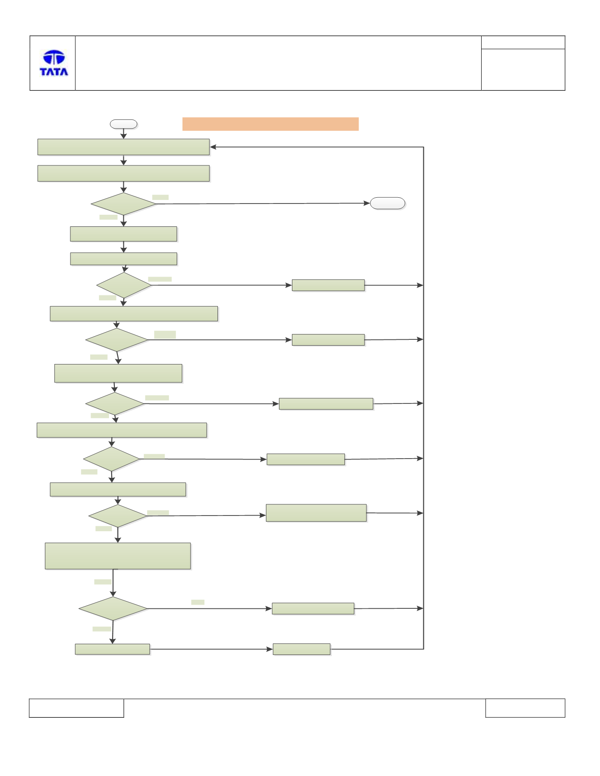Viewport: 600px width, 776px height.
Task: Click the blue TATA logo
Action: coord(54,63)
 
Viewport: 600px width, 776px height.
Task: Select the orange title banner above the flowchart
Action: coord(270,124)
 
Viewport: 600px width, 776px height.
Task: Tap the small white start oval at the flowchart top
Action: coord(124,124)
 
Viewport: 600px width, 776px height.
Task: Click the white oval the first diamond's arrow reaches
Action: coord(388,203)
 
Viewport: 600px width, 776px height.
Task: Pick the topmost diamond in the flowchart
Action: coord(123,204)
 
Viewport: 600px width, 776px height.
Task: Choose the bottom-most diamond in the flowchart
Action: coord(113,608)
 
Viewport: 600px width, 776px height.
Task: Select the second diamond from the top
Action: coord(124,285)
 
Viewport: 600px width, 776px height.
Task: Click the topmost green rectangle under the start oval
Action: coord(123,147)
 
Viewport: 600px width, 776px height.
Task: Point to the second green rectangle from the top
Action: coord(123,173)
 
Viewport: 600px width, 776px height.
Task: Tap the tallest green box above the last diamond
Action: coord(118,556)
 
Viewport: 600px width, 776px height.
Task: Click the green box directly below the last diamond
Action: coord(113,649)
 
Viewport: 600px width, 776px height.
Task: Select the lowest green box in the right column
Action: coord(302,649)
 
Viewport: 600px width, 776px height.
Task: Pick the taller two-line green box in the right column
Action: coord(316,513)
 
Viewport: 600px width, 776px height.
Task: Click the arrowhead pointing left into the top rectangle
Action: coord(213,147)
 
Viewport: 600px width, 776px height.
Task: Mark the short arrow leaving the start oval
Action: coord(124,134)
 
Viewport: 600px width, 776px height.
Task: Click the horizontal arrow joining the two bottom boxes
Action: coord(211,649)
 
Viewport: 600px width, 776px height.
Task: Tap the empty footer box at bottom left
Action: coord(77,708)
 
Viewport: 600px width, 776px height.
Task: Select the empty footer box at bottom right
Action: coord(525,708)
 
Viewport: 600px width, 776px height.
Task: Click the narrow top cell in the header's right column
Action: coord(523,43)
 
